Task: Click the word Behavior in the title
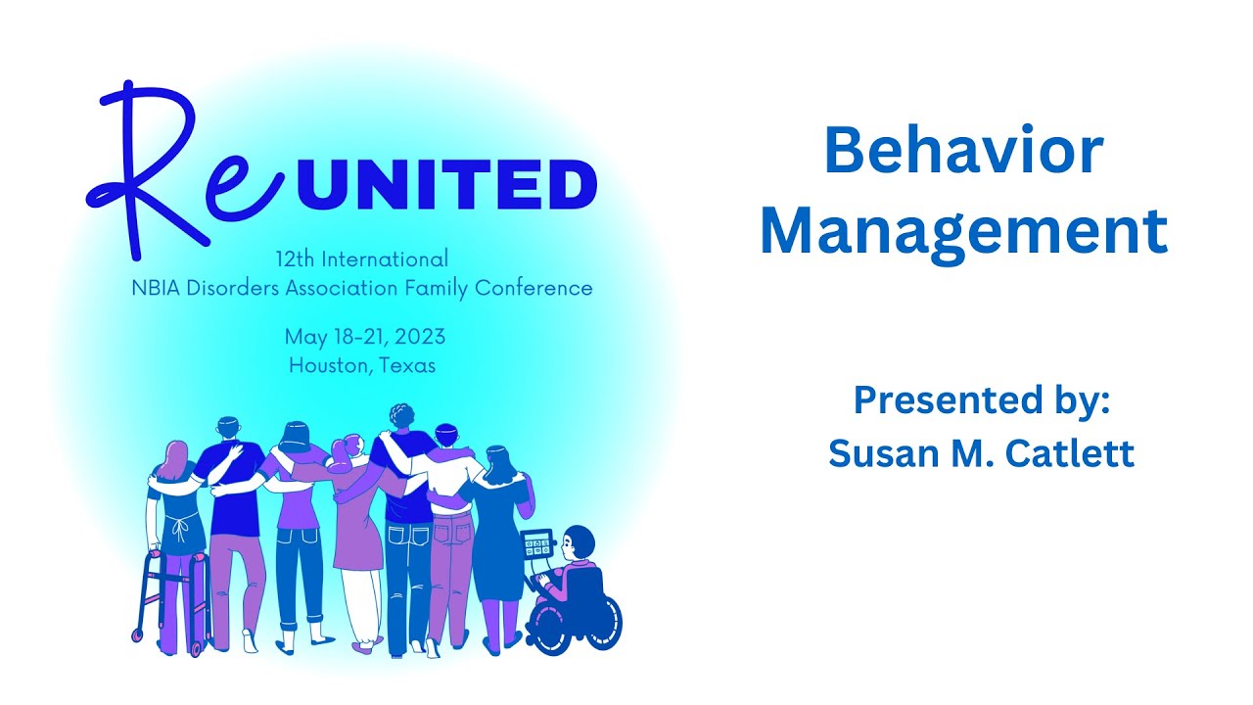963,153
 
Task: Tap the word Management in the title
963,232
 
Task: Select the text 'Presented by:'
981,400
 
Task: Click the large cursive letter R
147,162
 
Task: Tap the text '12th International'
362,259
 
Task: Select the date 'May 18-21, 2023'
364,337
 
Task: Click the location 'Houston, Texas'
362,366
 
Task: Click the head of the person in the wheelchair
579,541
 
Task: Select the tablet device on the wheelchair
536,543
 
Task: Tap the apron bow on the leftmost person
178,530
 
